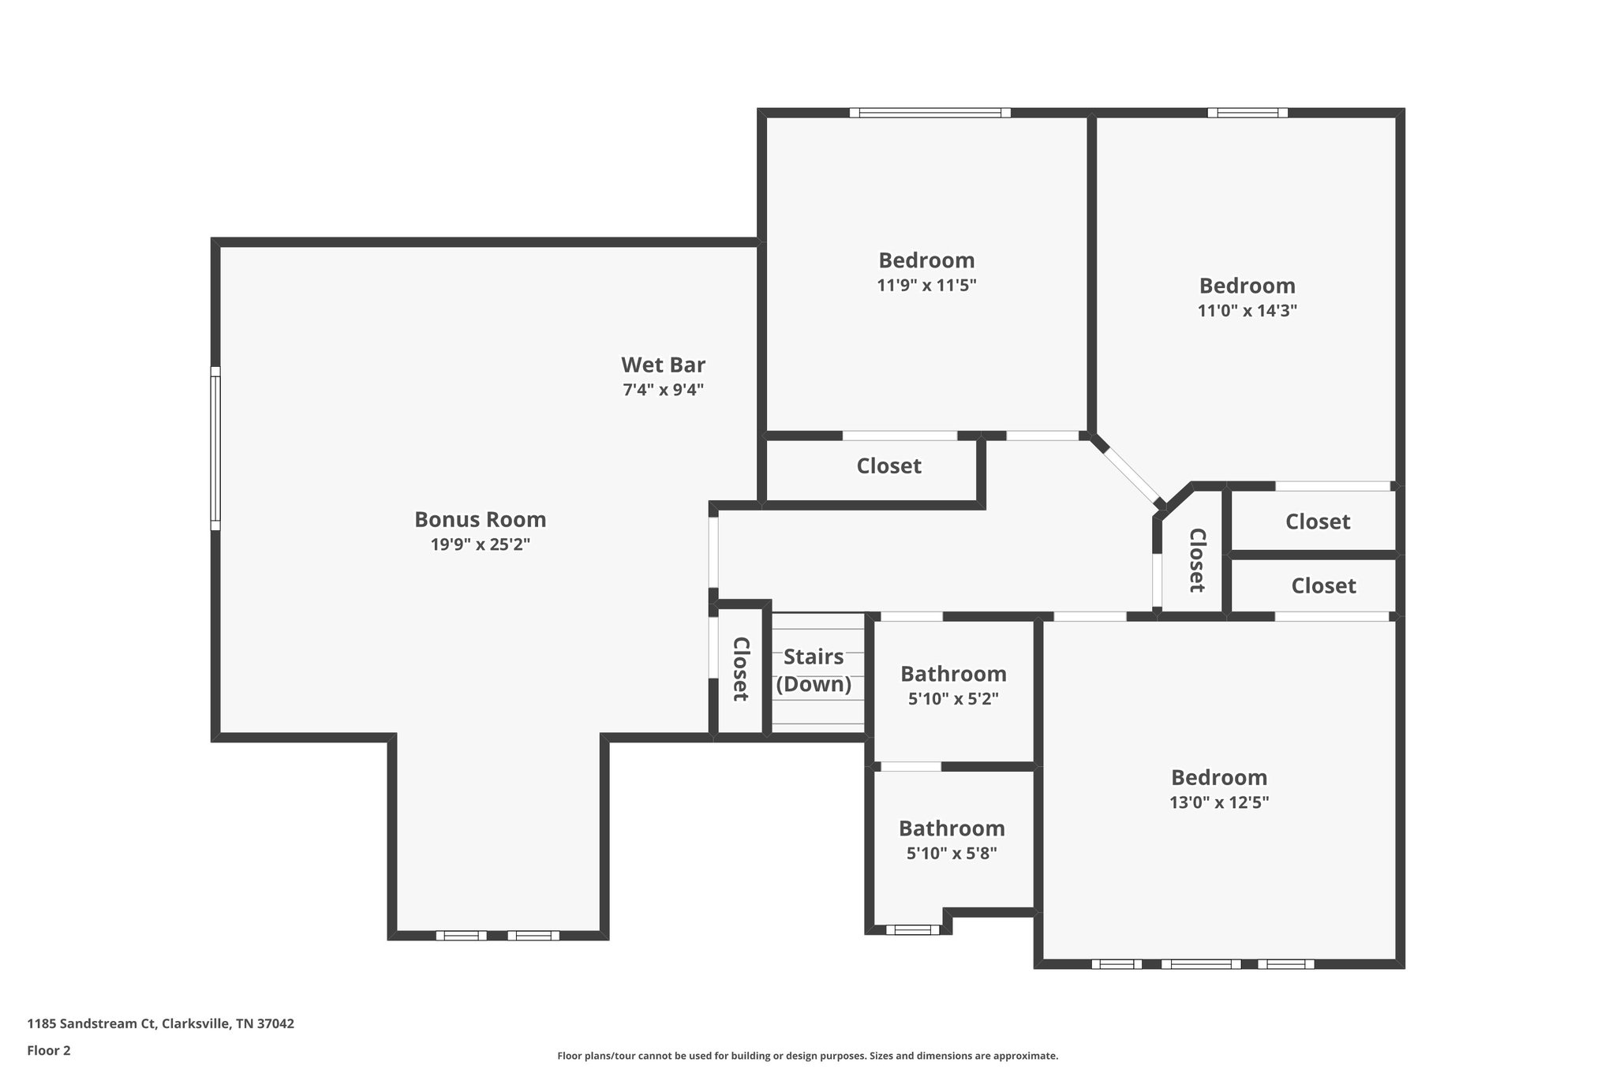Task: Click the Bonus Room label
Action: (480, 520)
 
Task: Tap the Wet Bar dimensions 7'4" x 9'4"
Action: (663, 390)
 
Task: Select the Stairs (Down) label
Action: (814, 671)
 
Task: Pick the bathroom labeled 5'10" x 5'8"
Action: (952, 840)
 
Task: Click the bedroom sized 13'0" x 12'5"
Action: (1218, 789)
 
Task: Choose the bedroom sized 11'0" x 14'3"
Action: (1247, 297)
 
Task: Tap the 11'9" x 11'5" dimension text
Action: (926, 286)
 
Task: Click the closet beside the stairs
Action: (740, 669)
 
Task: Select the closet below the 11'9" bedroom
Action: (888, 466)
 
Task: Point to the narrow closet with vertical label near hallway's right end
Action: (1196, 560)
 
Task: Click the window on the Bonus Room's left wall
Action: (215, 447)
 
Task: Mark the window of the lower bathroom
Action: (912, 929)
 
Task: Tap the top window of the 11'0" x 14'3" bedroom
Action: (1248, 113)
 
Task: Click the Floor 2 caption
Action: (49, 1050)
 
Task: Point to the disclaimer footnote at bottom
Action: (807, 1056)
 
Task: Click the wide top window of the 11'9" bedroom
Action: (930, 113)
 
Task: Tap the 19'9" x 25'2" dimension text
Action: (480, 544)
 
